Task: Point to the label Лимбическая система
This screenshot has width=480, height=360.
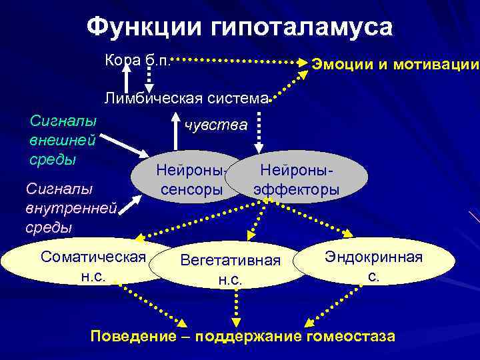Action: click(186, 99)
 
